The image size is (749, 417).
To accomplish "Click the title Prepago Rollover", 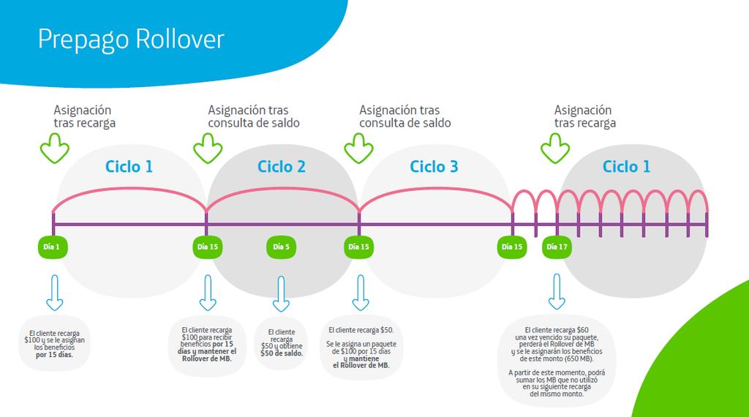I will tap(131, 39).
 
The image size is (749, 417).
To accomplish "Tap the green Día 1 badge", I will tap(52, 247).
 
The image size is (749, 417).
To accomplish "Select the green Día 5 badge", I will tap(282, 247).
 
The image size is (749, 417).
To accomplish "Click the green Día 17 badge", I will tap(557, 247).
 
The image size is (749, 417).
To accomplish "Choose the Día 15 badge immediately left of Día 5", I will tap(206, 247).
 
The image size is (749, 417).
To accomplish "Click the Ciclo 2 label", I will tap(282, 167).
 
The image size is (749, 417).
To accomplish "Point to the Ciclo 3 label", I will tap(434, 167).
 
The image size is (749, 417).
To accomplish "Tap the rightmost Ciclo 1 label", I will tap(626, 167).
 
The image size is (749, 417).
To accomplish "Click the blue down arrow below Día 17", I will tap(557, 293).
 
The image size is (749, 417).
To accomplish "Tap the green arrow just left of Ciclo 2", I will tap(208, 150).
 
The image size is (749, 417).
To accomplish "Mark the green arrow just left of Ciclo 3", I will tap(359, 150).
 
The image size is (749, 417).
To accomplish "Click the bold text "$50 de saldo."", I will tap(282, 353).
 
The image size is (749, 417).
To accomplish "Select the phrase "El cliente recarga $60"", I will tap(557, 330).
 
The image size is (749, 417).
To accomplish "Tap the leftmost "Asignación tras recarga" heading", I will tap(84, 116).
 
